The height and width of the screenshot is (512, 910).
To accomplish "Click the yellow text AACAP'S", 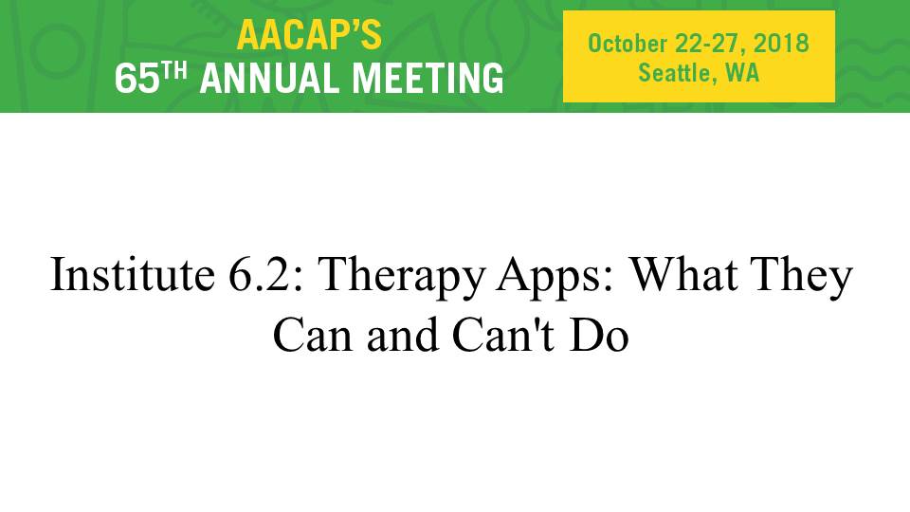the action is pyautogui.click(x=309, y=35).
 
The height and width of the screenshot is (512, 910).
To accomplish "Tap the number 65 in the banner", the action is pyautogui.click(x=136, y=79).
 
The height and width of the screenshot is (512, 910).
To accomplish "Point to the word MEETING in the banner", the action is pyautogui.click(x=428, y=79).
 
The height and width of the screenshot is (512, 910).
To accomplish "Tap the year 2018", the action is pyautogui.click(x=781, y=44).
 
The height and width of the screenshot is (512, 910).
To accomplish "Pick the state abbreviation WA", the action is pyautogui.click(x=741, y=73).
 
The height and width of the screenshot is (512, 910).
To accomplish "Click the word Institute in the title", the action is pyautogui.click(x=133, y=274).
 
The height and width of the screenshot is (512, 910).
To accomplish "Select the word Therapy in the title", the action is pyautogui.click(x=402, y=278).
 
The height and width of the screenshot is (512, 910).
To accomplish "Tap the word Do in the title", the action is pyautogui.click(x=599, y=335).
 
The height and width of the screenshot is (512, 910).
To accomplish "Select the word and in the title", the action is pyautogui.click(x=402, y=335).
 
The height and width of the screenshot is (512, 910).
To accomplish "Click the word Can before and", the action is pyautogui.click(x=313, y=335).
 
